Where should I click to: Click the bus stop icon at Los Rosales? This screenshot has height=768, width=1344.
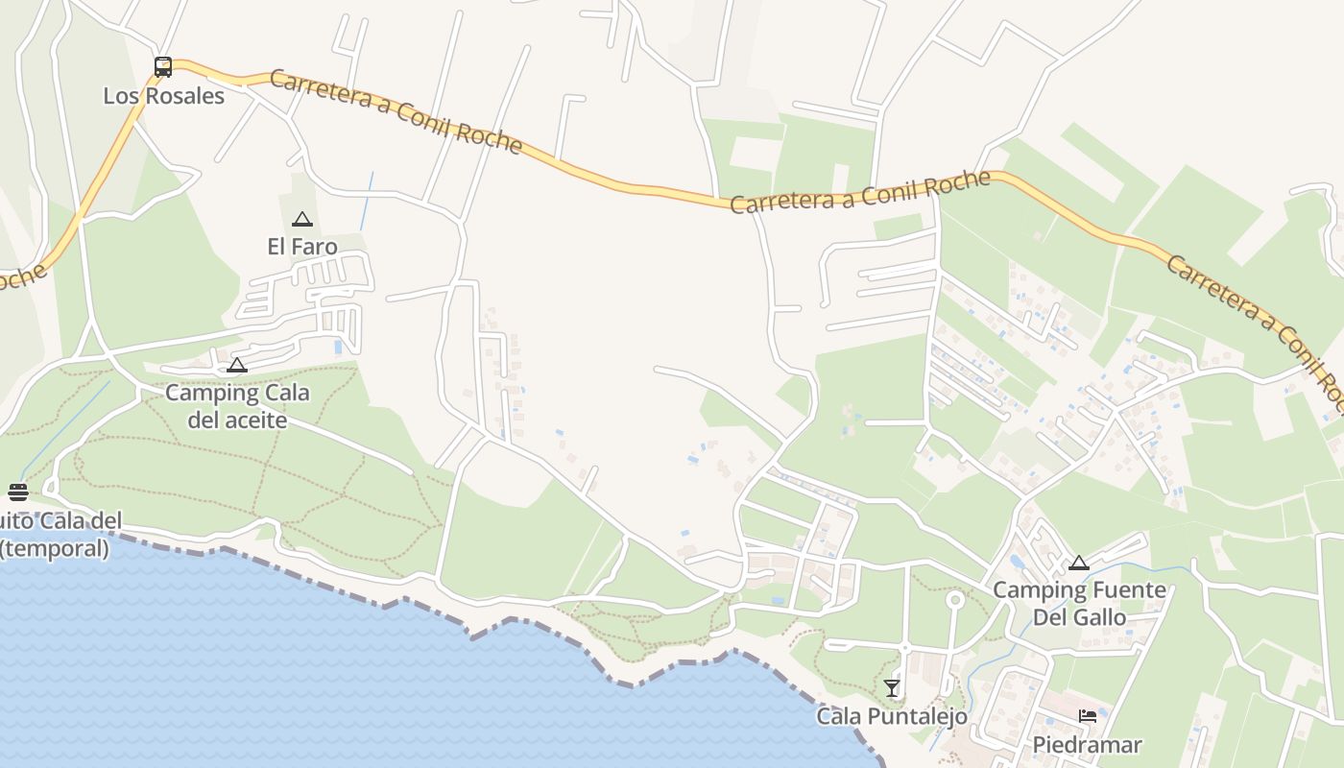[x=163, y=67]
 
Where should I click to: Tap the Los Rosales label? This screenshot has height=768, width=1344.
[x=164, y=96]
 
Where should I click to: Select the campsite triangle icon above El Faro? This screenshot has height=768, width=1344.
[x=302, y=219]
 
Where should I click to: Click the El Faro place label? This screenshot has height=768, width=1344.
[x=302, y=247]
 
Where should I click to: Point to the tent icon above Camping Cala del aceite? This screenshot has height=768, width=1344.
[x=237, y=365]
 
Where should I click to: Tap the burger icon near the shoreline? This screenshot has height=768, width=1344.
[x=18, y=492]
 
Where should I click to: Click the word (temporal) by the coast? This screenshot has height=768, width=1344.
[x=55, y=548]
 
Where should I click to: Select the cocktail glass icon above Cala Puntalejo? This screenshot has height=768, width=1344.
[x=892, y=687]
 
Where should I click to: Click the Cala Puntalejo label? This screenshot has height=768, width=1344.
[x=892, y=716]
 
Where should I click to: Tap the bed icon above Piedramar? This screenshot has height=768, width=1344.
[x=1088, y=716]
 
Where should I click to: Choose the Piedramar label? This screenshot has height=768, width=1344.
[x=1088, y=745]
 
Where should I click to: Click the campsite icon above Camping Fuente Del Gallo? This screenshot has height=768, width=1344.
[x=1079, y=563]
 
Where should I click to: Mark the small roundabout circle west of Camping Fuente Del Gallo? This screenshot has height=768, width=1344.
[x=954, y=600]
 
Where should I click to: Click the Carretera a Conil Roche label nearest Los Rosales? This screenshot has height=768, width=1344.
[x=396, y=112]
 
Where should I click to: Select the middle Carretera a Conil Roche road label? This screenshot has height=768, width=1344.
[x=860, y=192]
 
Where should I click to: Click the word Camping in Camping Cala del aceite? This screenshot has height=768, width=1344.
[x=203, y=393]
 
